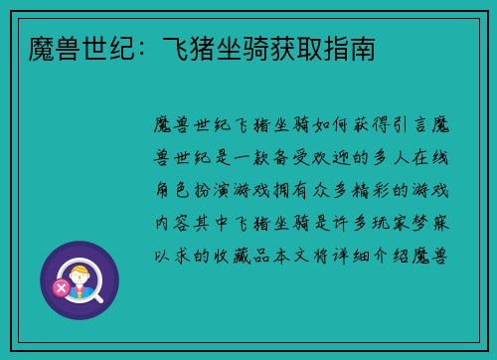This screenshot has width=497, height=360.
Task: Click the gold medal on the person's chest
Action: click(81, 291)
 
